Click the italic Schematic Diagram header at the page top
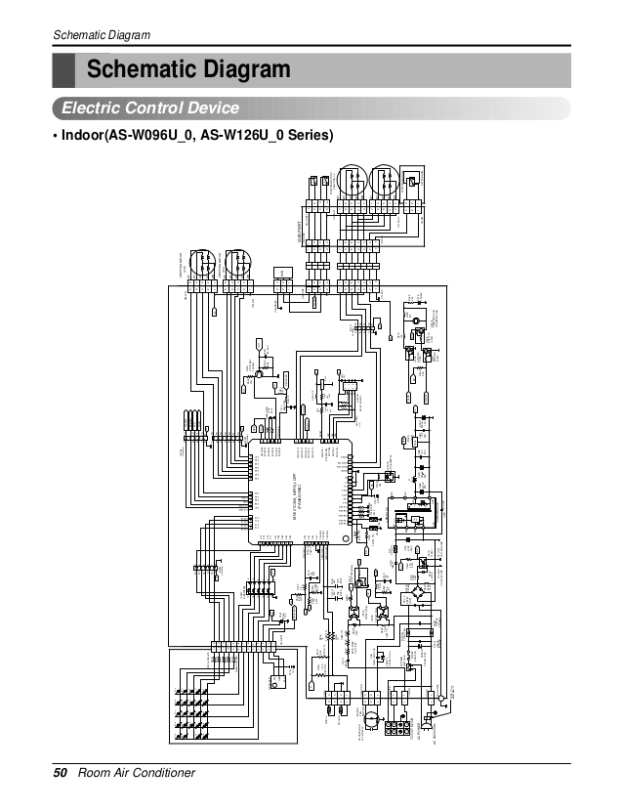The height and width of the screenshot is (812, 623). pyautogui.click(x=102, y=36)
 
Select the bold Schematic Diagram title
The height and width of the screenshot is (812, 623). pyautogui.click(x=188, y=70)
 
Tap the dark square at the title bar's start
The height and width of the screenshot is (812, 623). pyautogui.click(x=63, y=70)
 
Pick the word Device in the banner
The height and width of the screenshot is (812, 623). pyautogui.click(x=209, y=107)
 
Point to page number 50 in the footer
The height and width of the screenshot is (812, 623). pyautogui.click(x=61, y=773)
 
